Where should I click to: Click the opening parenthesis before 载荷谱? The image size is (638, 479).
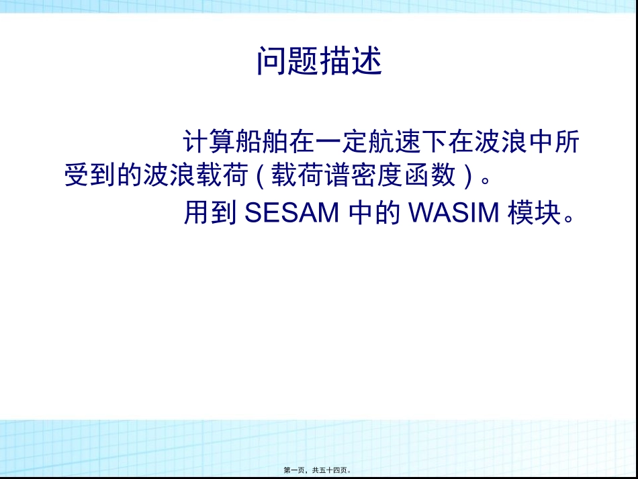click(261, 176)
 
